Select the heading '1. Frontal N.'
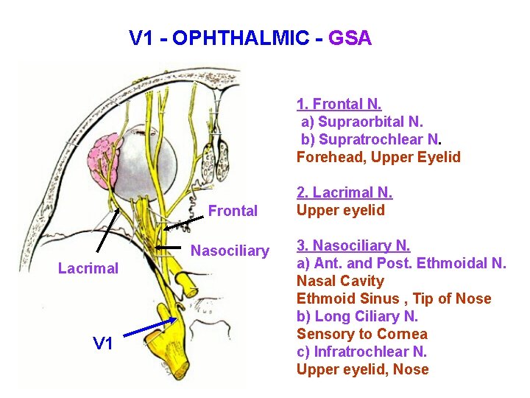pos(339,104)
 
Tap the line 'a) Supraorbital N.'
pos(362,122)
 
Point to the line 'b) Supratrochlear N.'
pos(370,139)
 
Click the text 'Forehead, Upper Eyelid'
pos(378,157)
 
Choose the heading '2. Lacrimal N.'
pos(344,192)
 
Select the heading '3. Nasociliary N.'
pos(353,245)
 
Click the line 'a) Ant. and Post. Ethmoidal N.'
pos(401,263)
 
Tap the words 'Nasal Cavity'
pos(340,281)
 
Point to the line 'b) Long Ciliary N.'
pos(357,316)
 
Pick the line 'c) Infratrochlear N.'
pos(361,352)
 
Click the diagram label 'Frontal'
pos(233,212)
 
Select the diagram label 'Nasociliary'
pos(230,251)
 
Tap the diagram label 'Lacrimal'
pos(88,268)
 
